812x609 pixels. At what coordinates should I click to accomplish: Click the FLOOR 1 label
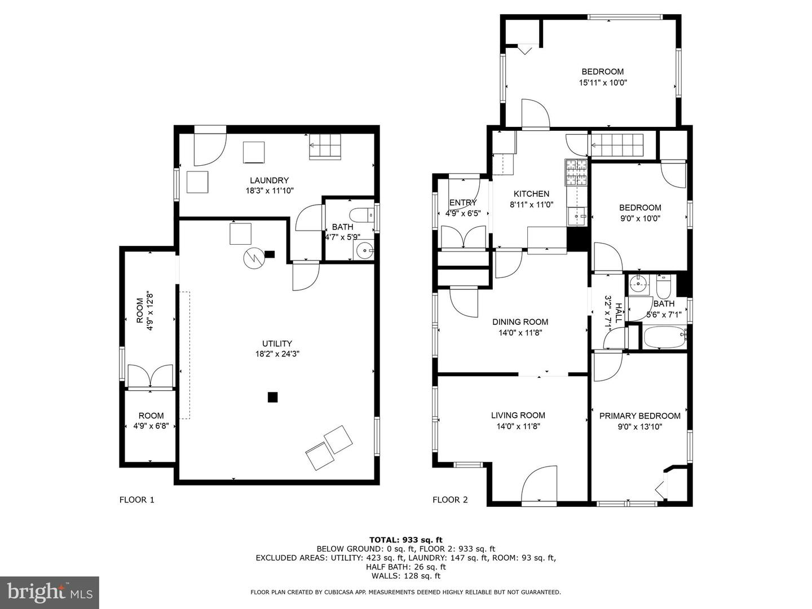pyautogui.click(x=136, y=500)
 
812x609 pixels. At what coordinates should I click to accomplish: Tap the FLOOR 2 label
pyautogui.click(x=450, y=500)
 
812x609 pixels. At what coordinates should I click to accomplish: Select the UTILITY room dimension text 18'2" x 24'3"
pyautogui.click(x=277, y=354)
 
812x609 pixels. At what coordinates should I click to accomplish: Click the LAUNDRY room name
pyautogui.click(x=269, y=180)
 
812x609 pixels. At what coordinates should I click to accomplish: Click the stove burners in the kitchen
pyautogui.click(x=576, y=173)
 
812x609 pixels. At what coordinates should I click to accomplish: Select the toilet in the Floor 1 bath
pyautogui.click(x=362, y=215)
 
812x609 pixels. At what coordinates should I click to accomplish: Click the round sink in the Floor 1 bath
pyautogui.click(x=364, y=251)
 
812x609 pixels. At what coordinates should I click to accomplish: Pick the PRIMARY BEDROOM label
pyautogui.click(x=639, y=416)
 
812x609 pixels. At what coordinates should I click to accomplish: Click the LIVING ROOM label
pyautogui.click(x=518, y=415)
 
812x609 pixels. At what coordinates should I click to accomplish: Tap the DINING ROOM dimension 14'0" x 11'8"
pyautogui.click(x=520, y=333)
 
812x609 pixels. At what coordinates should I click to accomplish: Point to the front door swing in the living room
pyautogui.click(x=540, y=485)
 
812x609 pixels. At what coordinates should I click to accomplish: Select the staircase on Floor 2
pyautogui.click(x=617, y=145)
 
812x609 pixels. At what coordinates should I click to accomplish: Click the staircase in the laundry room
pyautogui.click(x=325, y=147)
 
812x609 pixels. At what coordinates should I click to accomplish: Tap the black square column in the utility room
pyautogui.click(x=272, y=397)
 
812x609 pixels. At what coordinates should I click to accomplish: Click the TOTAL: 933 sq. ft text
pyautogui.click(x=405, y=540)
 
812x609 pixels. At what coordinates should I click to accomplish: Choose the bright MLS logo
pyautogui.click(x=50, y=592)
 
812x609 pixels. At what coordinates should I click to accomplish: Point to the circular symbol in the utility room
pyautogui.click(x=254, y=258)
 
